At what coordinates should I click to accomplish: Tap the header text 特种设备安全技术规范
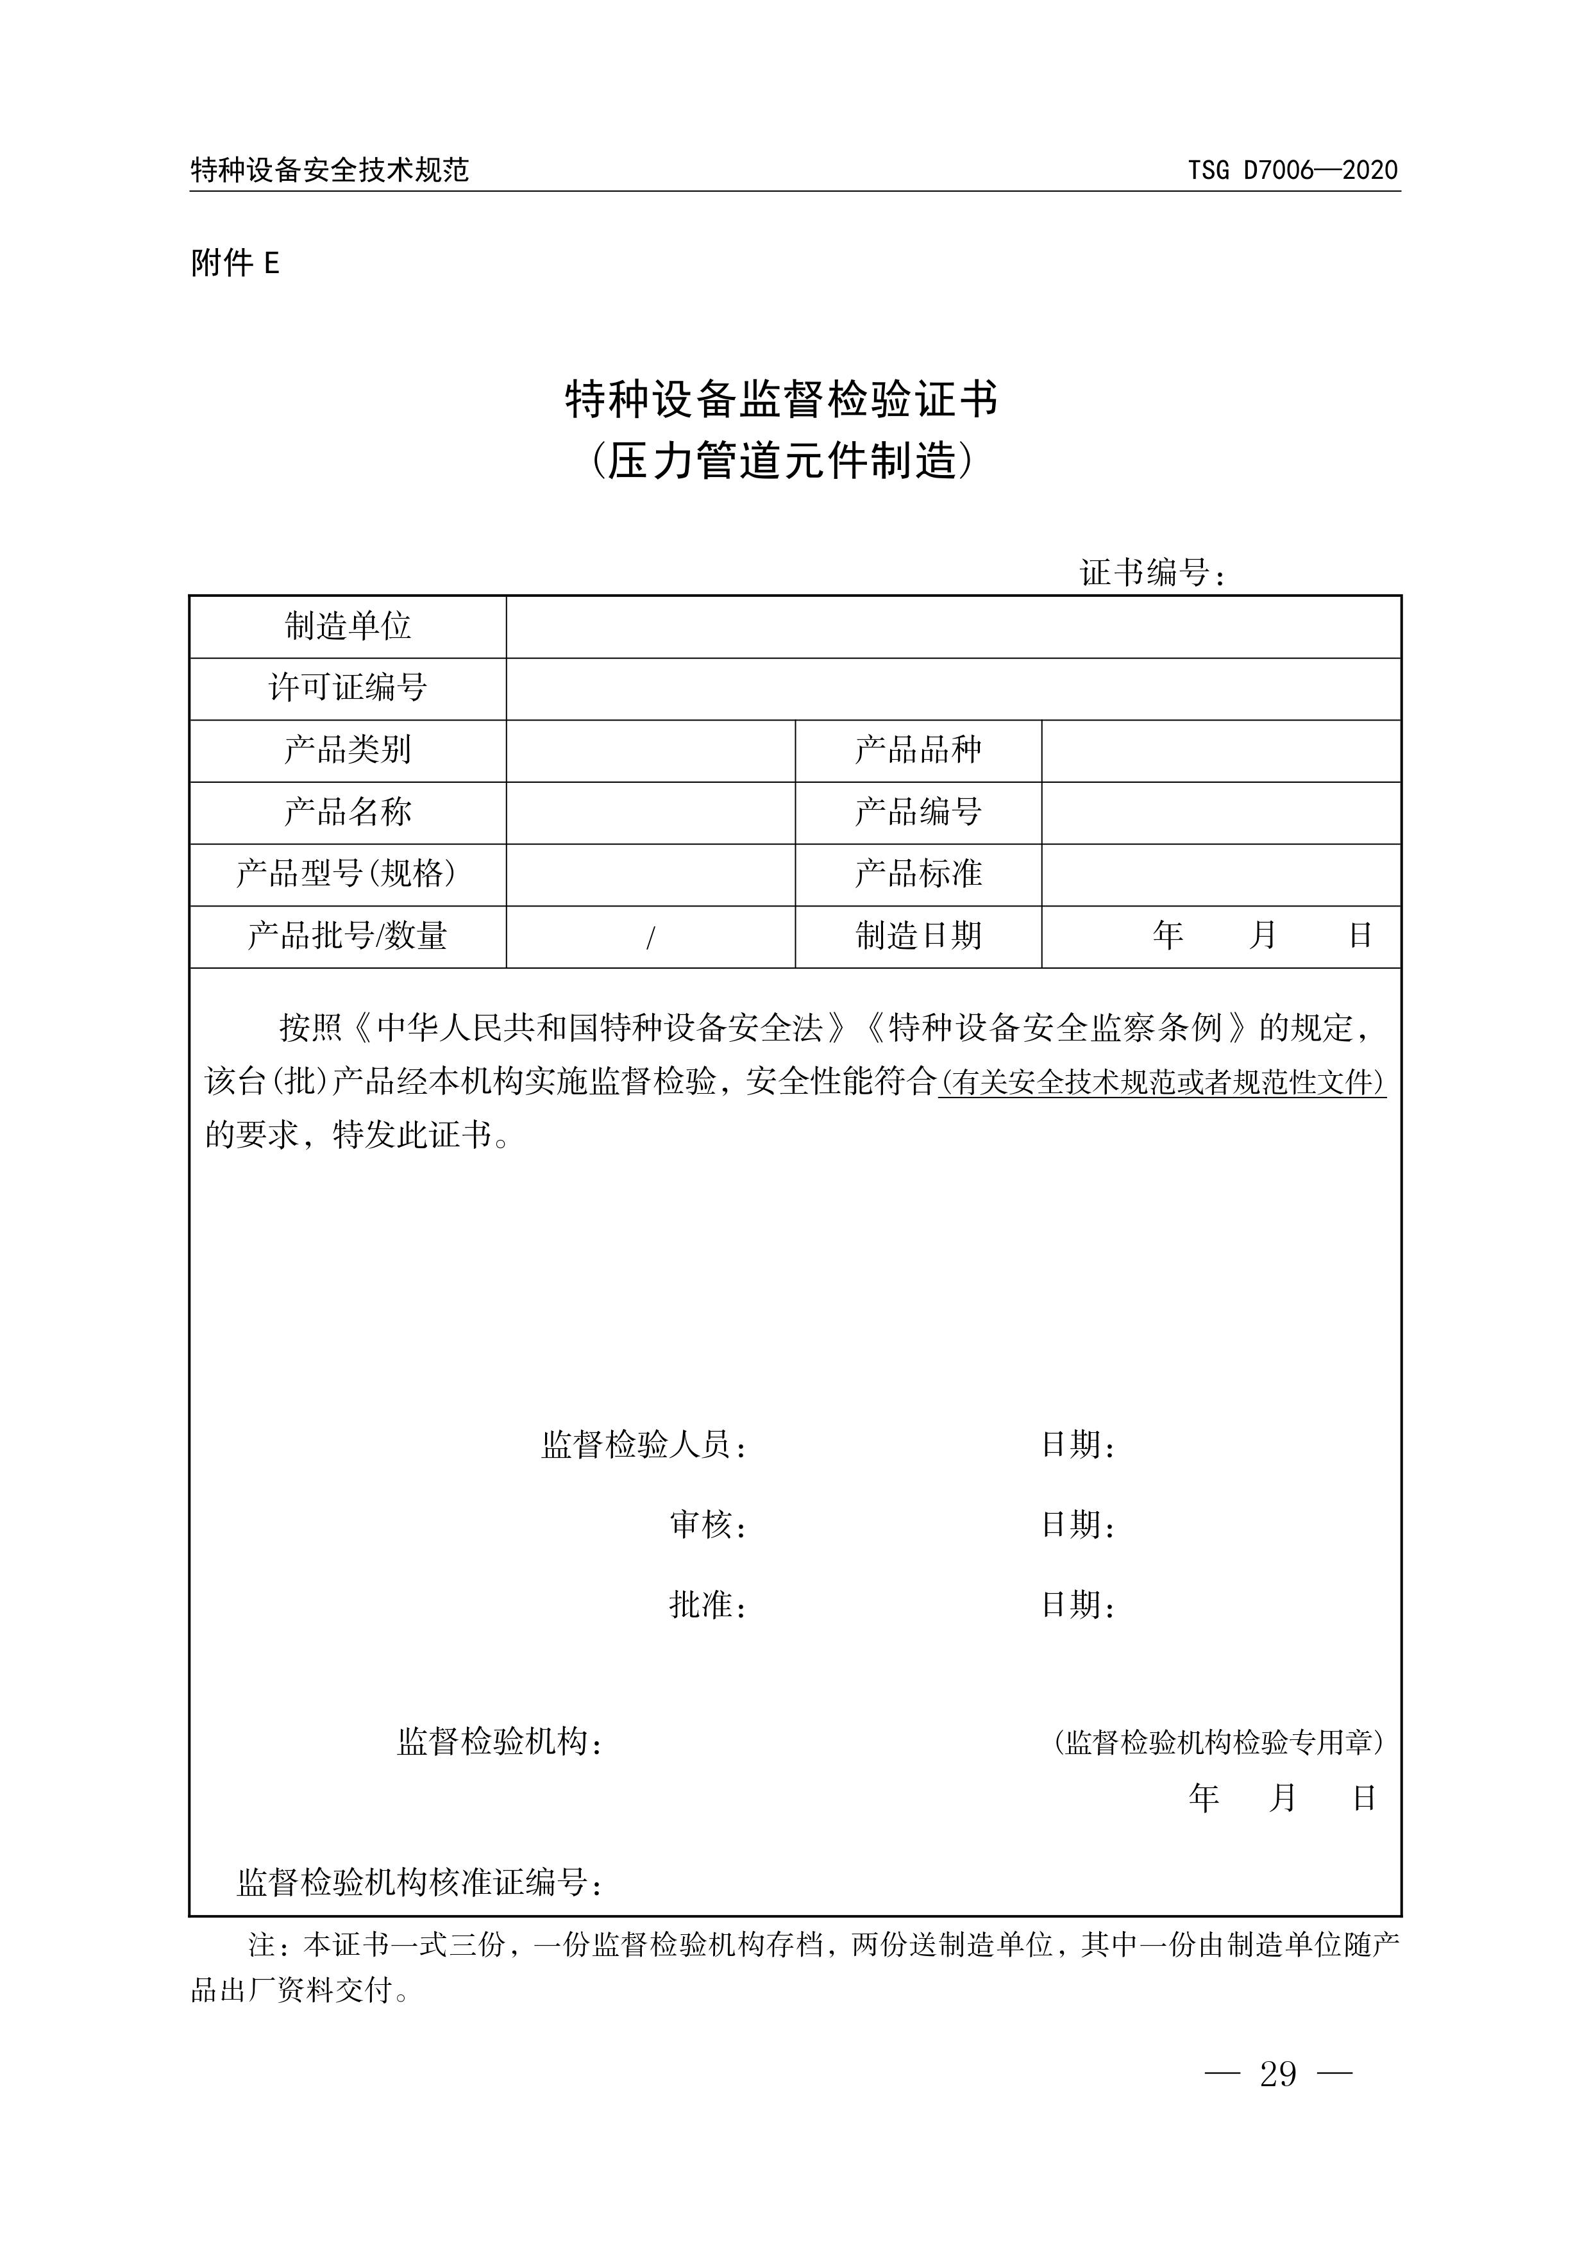click(330, 171)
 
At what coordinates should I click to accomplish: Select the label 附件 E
click(235, 262)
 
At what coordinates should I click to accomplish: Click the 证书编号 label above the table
click(1152, 573)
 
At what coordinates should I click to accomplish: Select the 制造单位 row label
click(348, 626)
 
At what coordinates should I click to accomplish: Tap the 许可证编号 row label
click(348, 688)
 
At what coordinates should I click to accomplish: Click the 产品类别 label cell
click(348, 750)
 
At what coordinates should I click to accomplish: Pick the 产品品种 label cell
click(918, 750)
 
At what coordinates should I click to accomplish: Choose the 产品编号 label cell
click(918, 812)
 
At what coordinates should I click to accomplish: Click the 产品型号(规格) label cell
click(348, 874)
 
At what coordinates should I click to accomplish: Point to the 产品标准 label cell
click(918, 874)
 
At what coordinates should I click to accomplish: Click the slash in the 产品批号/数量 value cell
click(650, 937)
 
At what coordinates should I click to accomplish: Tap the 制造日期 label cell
click(918, 937)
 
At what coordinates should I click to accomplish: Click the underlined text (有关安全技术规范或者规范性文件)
click(1162, 1083)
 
